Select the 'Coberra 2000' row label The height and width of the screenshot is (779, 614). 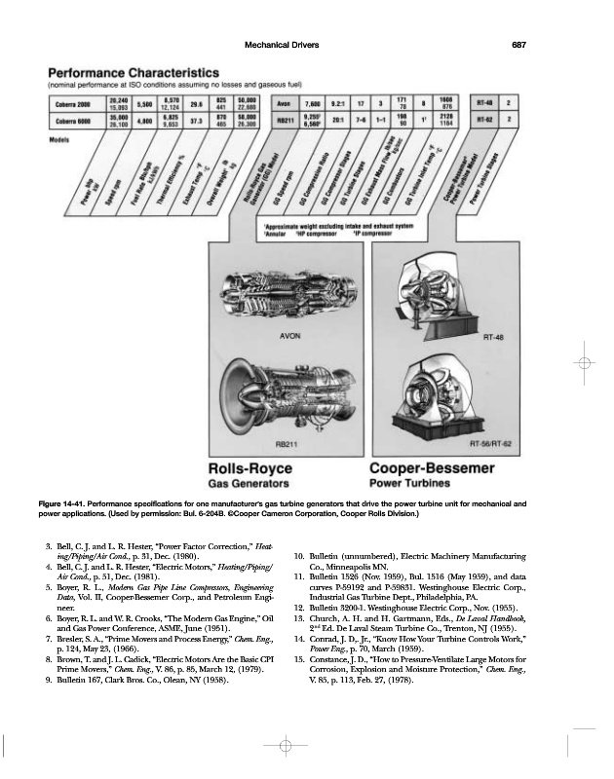71,102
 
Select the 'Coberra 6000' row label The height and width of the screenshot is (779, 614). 71,122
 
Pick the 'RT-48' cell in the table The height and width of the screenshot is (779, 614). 484,102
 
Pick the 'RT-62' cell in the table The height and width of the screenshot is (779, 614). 484,122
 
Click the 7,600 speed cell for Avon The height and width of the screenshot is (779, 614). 313,102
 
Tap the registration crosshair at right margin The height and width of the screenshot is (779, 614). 584,362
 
